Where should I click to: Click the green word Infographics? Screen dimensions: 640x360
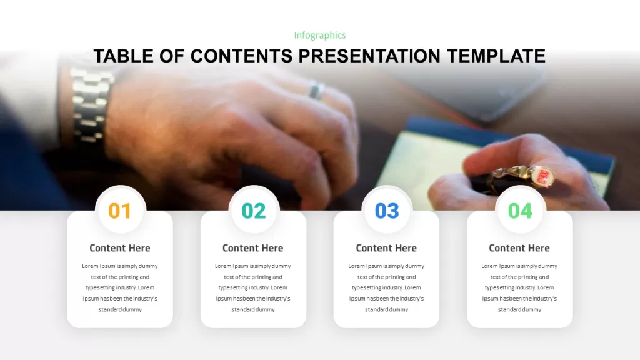(x=320, y=36)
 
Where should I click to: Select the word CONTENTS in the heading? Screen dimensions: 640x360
(x=242, y=56)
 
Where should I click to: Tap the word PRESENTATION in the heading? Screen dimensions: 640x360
(x=369, y=56)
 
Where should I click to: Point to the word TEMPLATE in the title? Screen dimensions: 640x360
(x=496, y=56)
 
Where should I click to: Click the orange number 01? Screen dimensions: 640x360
(x=119, y=211)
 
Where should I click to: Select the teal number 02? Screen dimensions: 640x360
(x=254, y=211)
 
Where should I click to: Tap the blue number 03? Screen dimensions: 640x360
(x=387, y=211)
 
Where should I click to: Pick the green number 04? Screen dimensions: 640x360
(x=520, y=211)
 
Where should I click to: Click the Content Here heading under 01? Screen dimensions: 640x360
(x=120, y=248)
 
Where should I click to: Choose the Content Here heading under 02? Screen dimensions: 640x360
(x=253, y=248)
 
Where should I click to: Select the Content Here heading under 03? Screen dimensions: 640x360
(x=386, y=248)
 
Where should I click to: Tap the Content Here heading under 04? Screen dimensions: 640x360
(x=519, y=248)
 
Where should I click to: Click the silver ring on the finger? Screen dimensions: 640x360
(x=316, y=90)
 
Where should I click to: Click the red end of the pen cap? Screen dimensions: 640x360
(x=543, y=176)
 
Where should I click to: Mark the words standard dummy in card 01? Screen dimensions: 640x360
(x=120, y=310)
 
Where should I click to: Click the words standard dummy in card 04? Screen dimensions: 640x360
(x=519, y=310)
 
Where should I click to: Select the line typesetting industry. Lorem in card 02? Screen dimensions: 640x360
(x=253, y=287)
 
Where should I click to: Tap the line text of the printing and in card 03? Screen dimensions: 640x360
(x=386, y=277)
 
